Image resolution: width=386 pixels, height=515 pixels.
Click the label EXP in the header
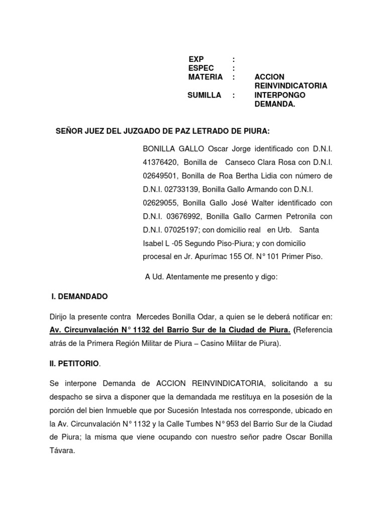[196, 59]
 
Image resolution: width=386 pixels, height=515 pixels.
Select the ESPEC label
[201, 68]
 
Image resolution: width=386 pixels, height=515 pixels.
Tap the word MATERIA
[205, 77]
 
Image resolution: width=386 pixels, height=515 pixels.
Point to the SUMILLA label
[204, 95]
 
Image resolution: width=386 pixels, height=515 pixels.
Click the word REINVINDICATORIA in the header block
[291, 86]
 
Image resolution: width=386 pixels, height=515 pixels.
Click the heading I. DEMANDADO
[79, 297]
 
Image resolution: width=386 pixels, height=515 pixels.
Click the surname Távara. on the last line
[62, 437]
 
